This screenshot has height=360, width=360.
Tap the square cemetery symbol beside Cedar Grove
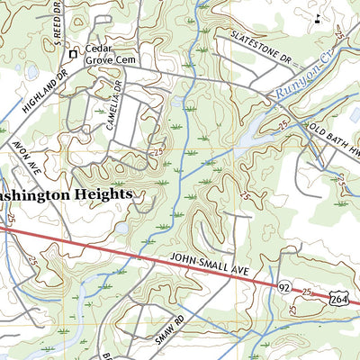click(x=74, y=55)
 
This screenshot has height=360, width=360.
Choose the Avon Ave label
click(x=22, y=157)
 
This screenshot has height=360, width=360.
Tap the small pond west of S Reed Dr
click(x=31, y=71)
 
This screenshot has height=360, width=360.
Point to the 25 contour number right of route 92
click(x=307, y=293)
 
